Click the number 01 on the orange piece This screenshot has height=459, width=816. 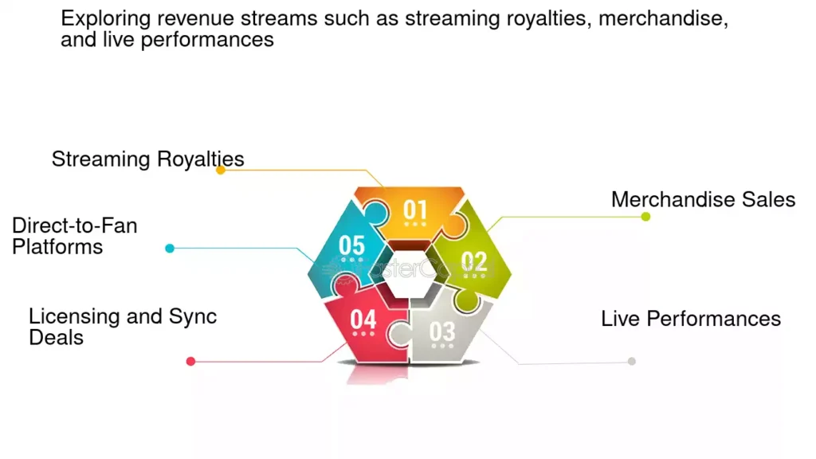pyautogui.click(x=414, y=210)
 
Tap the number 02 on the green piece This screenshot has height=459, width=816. pyautogui.click(x=473, y=261)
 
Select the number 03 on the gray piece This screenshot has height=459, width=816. pyautogui.click(x=442, y=331)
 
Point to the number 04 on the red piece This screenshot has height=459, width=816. pyautogui.click(x=363, y=319)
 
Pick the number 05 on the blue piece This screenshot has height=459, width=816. pyautogui.click(x=351, y=245)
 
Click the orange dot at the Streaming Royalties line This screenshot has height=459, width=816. pyautogui.click(x=221, y=170)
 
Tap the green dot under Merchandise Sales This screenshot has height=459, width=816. pyautogui.click(x=645, y=217)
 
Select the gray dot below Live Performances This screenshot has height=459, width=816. pyautogui.click(x=631, y=361)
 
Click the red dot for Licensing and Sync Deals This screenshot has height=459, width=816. pyautogui.click(x=190, y=361)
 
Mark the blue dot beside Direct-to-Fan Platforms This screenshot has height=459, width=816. pyautogui.click(x=170, y=249)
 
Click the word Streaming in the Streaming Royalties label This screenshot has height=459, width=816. pyautogui.click(x=101, y=159)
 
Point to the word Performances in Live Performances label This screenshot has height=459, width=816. pyautogui.click(x=713, y=319)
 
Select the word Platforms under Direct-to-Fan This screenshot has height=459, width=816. pyautogui.click(x=57, y=247)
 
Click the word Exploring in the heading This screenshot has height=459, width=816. pyautogui.click(x=106, y=19)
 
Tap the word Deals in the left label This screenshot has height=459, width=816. pyautogui.click(x=57, y=338)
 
